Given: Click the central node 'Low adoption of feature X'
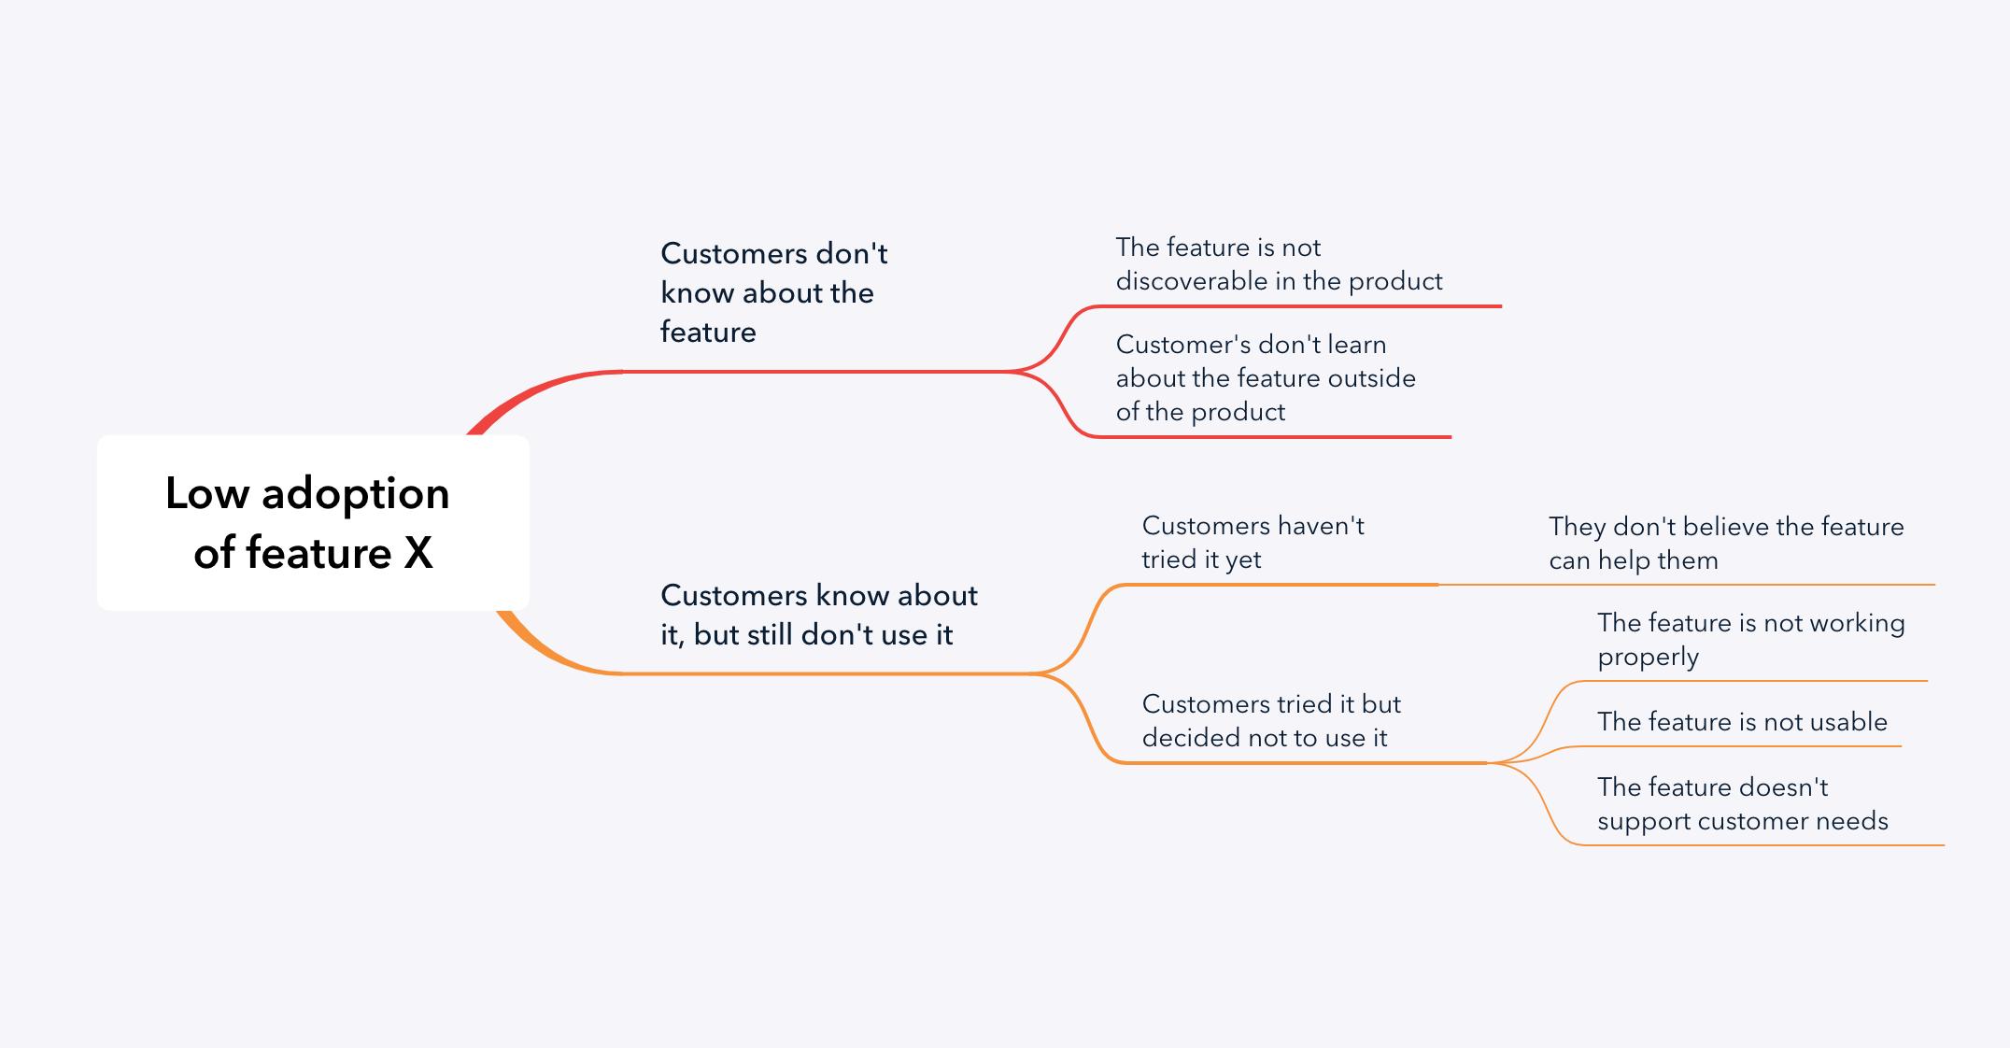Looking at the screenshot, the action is pos(313,522).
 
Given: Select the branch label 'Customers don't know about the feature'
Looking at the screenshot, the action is pos(774,292).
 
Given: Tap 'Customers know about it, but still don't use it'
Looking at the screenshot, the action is pos(819,615).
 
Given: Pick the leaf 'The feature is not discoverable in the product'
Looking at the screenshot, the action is pos(1279,264).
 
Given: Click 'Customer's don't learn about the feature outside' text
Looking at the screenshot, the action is pos(1266,361).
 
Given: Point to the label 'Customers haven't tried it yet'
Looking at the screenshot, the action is pos(1253,543).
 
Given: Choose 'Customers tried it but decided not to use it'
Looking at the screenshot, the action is pos(1271,721).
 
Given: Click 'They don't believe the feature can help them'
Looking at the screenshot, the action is pos(1726,544).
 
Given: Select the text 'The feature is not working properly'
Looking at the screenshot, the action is pos(1751,640).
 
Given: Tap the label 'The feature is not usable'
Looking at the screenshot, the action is pos(1742,722).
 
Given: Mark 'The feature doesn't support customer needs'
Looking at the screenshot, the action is pos(1743,804).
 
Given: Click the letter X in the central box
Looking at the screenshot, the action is pos(418,553).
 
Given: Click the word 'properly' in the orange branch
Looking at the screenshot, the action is pos(1648,658).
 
